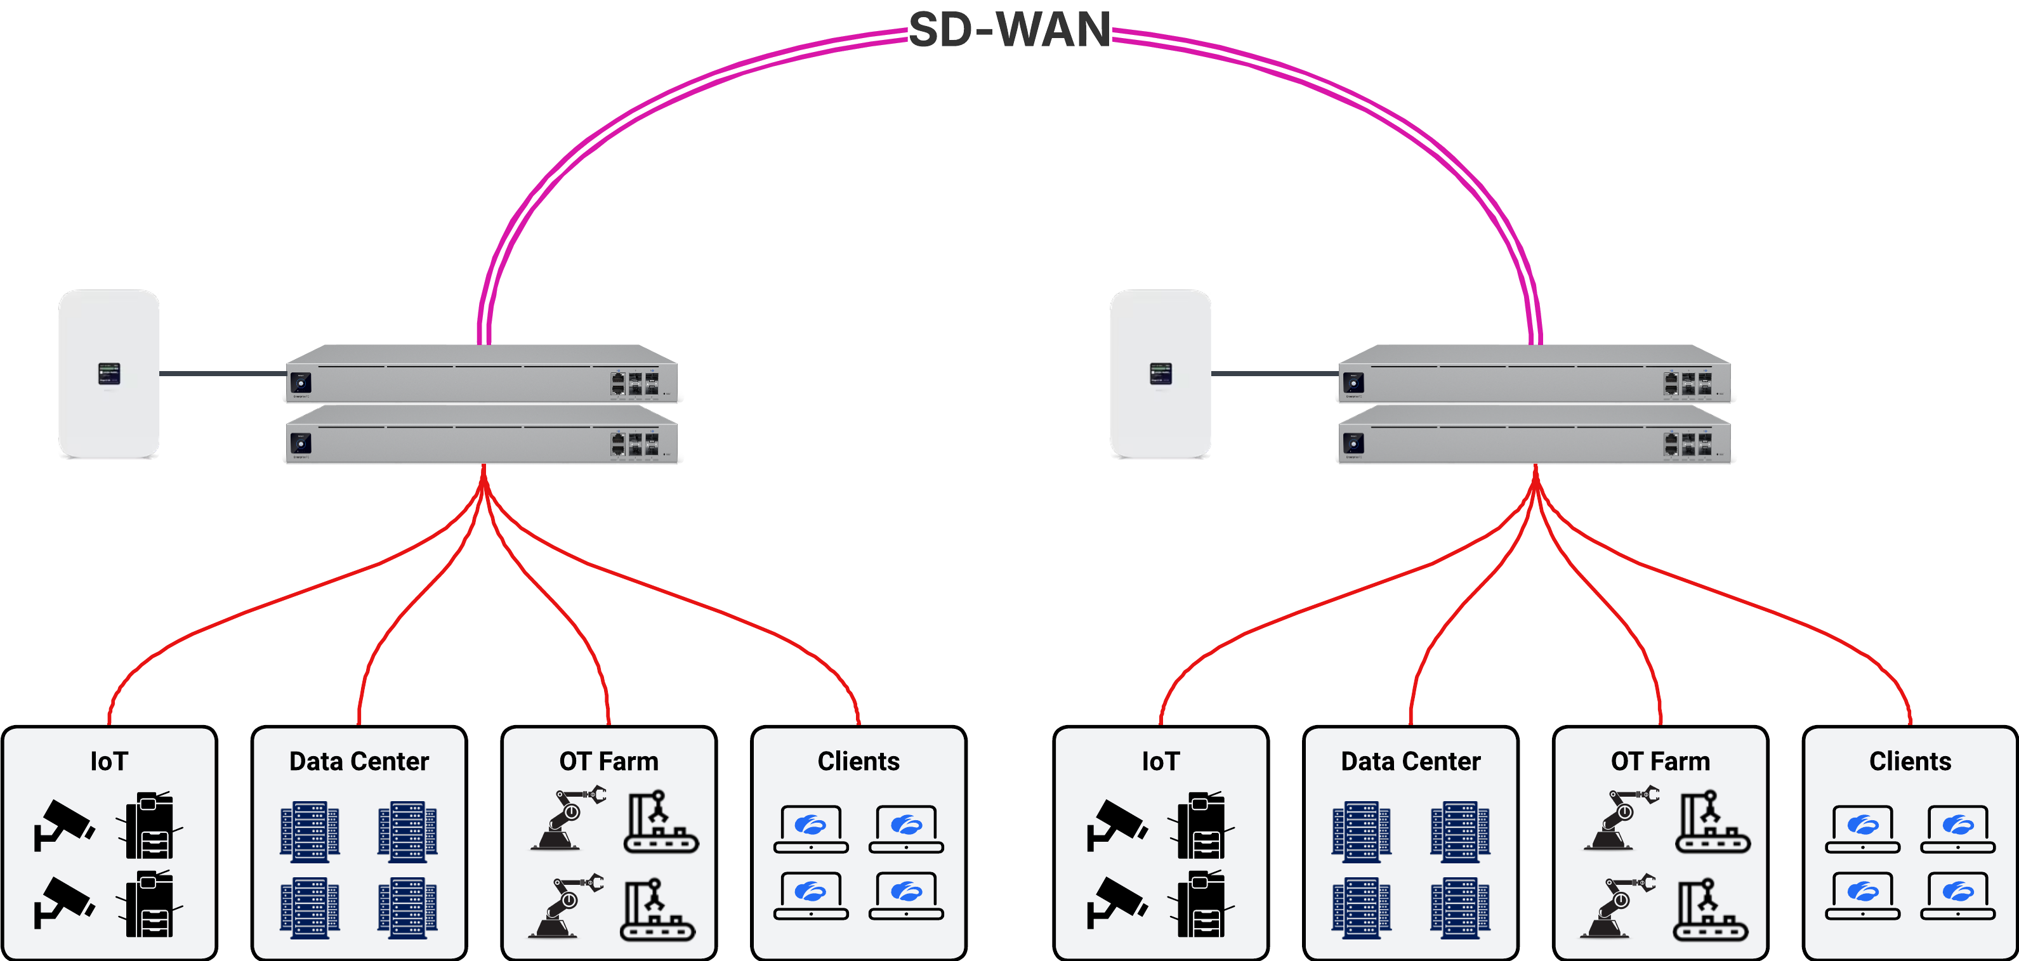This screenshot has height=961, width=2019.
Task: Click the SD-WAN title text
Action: click(x=1009, y=30)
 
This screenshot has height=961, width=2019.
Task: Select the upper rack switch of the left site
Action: click(x=481, y=376)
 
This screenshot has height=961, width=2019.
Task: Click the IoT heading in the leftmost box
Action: click(x=109, y=761)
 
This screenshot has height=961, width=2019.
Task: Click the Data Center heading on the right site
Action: click(x=1410, y=761)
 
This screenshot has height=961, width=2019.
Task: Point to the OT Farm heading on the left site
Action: click(x=608, y=761)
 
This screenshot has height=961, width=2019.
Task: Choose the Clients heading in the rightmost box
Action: click(x=1909, y=761)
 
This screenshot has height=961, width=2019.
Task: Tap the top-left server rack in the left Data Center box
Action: click(x=310, y=831)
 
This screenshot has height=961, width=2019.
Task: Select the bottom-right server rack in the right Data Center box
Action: click(x=1459, y=908)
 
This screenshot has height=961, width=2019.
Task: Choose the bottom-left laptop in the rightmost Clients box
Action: click(x=1862, y=896)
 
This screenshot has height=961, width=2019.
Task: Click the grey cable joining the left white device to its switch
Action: click(x=223, y=374)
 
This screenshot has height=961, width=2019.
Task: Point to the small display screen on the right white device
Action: click(x=1160, y=373)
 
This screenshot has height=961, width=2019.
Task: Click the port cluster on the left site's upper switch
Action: click(x=635, y=383)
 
